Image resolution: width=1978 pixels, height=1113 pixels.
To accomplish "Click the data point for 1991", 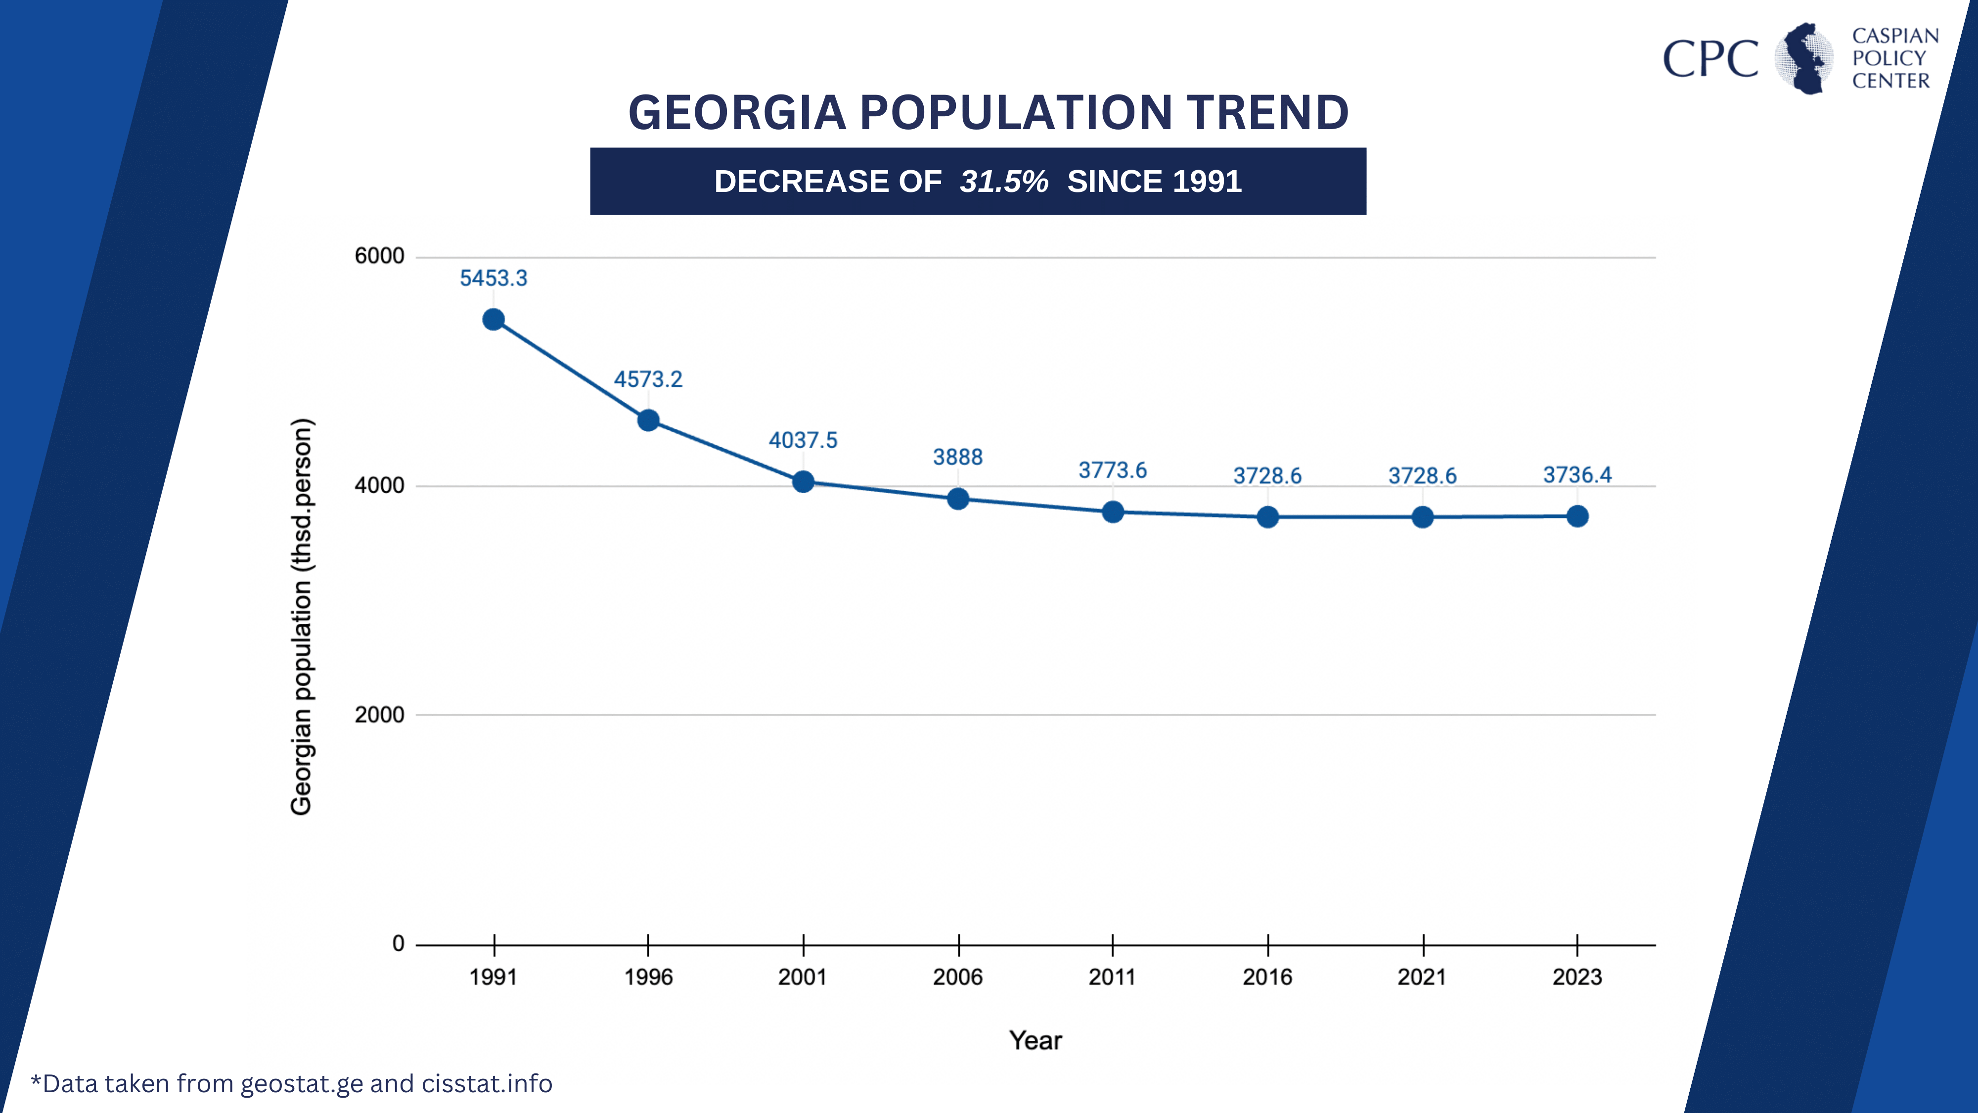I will [494, 320].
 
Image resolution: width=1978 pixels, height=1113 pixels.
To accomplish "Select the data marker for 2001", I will [803, 482].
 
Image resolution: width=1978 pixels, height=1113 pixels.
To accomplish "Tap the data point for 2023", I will [1577, 516].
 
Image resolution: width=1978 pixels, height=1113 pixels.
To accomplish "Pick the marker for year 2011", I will [1113, 511].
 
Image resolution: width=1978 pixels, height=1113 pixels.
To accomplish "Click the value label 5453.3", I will [494, 278].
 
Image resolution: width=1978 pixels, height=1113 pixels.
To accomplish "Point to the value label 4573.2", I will [648, 379].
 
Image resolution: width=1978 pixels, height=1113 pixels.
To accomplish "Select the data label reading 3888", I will [957, 457].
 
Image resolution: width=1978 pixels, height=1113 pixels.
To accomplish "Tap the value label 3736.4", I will [1577, 475].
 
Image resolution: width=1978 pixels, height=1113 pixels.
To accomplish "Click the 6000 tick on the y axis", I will [379, 256].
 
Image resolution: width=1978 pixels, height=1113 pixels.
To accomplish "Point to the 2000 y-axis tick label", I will [379, 714].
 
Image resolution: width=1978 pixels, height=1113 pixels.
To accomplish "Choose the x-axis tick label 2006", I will [957, 977].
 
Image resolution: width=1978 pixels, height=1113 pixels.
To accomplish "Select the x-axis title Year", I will [1035, 1041].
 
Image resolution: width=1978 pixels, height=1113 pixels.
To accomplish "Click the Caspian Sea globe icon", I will [1804, 58].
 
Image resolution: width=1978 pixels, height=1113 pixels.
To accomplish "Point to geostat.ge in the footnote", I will [302, 1084].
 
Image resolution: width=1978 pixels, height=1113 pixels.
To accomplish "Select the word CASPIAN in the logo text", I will [1895, 36].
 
